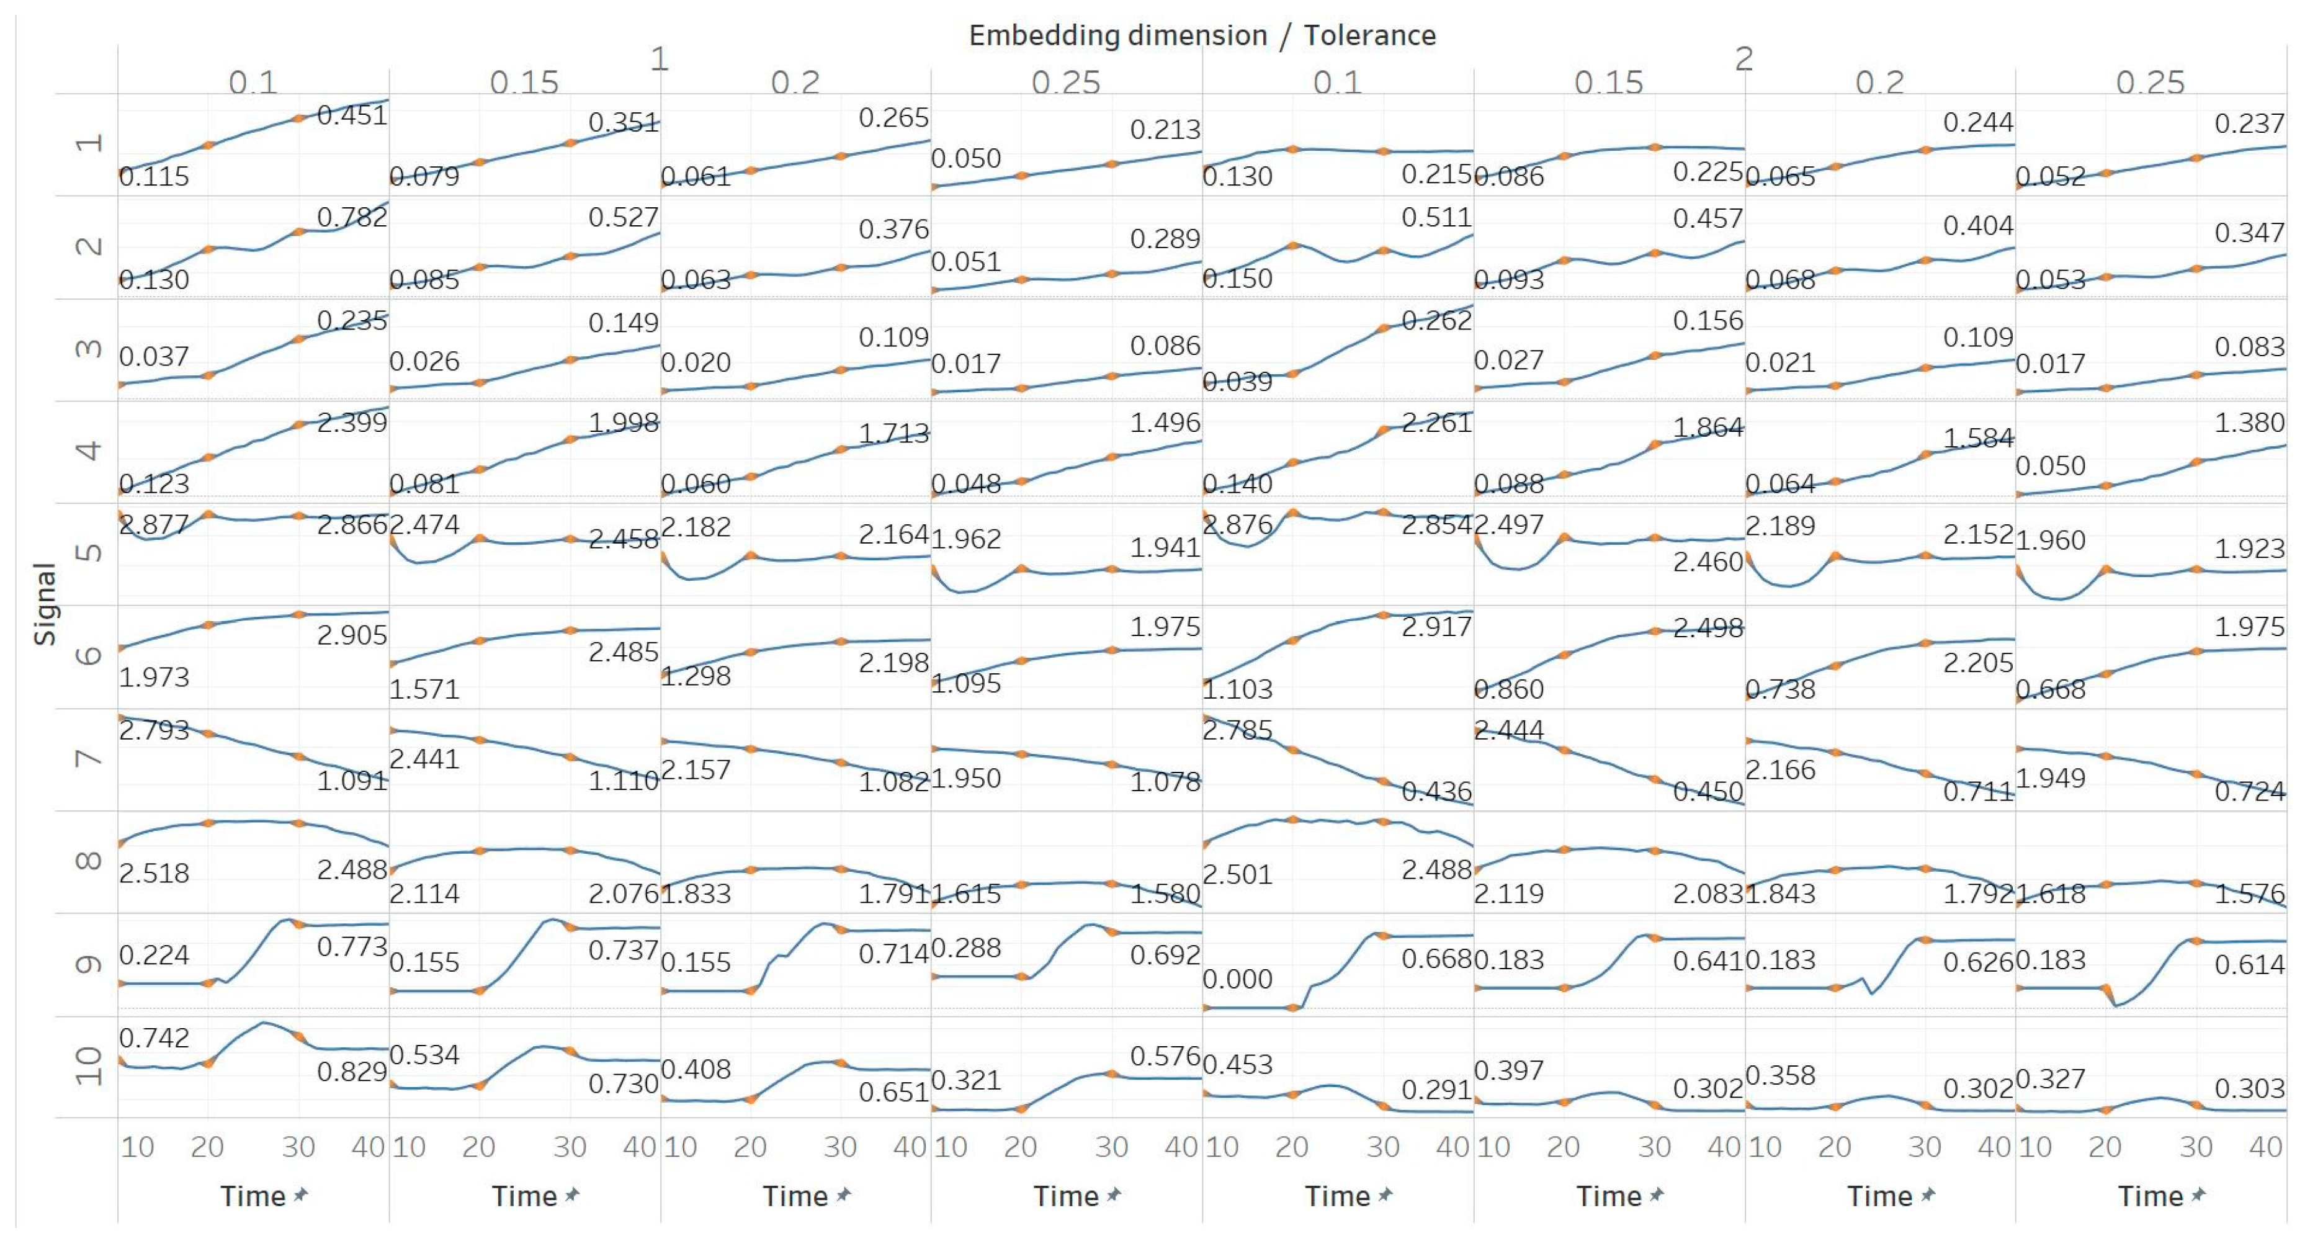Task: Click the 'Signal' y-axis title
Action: coord(45,604)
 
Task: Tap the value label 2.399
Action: coord(352,423)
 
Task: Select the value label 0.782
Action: coord(352,217)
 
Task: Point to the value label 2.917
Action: coord(1436,626)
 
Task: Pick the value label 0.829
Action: coord(352,1071)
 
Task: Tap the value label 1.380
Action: coord(2249,423)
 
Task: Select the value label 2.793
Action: coord(154,730)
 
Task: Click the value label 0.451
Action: coord(352,115)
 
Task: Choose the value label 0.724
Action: coord(2249,791)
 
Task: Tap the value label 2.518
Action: coord(154,872)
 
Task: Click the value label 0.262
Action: coord(1436,320)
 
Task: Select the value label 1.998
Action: coord(623,423)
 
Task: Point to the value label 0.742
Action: coord(154,1038)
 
